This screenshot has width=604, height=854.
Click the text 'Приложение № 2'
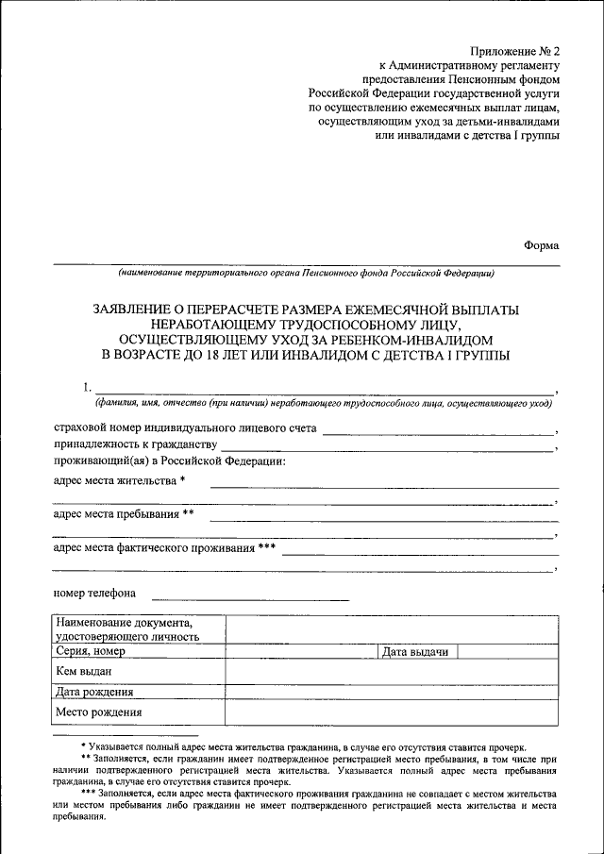click(515, 50)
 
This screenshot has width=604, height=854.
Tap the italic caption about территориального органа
click(305, 275)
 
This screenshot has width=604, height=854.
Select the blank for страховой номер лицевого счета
click(438, 430)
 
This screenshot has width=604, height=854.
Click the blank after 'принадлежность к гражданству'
click(387, 447)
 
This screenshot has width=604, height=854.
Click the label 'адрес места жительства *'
click(119, 480)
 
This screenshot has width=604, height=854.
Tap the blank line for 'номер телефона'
click(250, 598)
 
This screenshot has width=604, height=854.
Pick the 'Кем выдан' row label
click(85, 671)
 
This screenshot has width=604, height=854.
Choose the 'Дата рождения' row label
click(94, 692)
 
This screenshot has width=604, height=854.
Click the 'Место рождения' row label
click(98, 712)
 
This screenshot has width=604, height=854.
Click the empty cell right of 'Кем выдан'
click(390, 671)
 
